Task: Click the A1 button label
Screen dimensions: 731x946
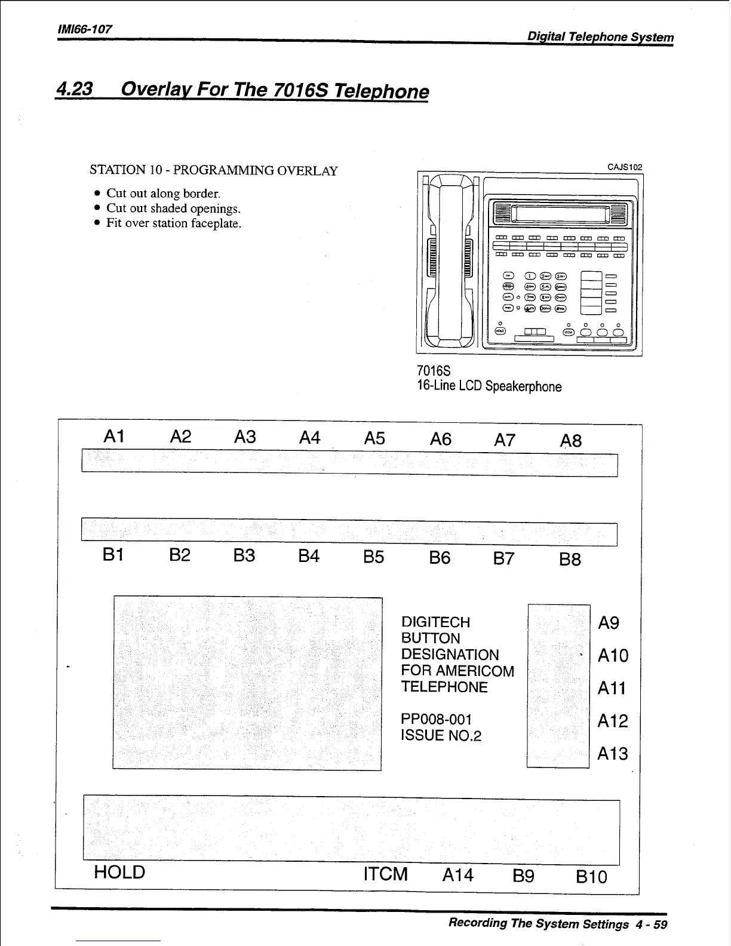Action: coord(113,437)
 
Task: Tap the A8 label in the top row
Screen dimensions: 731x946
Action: coord(571,441)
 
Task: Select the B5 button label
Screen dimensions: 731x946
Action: coord(374,557)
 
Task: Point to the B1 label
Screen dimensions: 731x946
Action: coord(113,555)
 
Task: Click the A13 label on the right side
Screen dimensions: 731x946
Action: coord(613,754)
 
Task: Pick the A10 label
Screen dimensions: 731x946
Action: coord(613,656)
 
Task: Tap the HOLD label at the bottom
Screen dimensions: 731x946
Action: coord(119,873)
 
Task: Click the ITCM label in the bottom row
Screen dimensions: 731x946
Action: coord(386,874)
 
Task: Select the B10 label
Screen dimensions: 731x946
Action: coord(591,877)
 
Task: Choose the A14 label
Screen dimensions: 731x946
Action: coord(458,876)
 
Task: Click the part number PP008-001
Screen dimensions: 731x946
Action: coord(437,719)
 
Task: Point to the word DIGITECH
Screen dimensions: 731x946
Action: coord(436,622)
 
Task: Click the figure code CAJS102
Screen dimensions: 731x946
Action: coord(625,167)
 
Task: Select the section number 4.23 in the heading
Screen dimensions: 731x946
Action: coord(74,89)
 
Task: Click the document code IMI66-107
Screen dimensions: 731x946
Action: coord(85,29)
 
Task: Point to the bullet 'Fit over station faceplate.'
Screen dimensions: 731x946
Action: coord(174,223)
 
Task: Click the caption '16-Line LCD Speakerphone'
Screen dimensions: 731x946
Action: coord(489,386)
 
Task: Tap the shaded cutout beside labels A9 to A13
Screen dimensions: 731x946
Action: coord(558,686)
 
